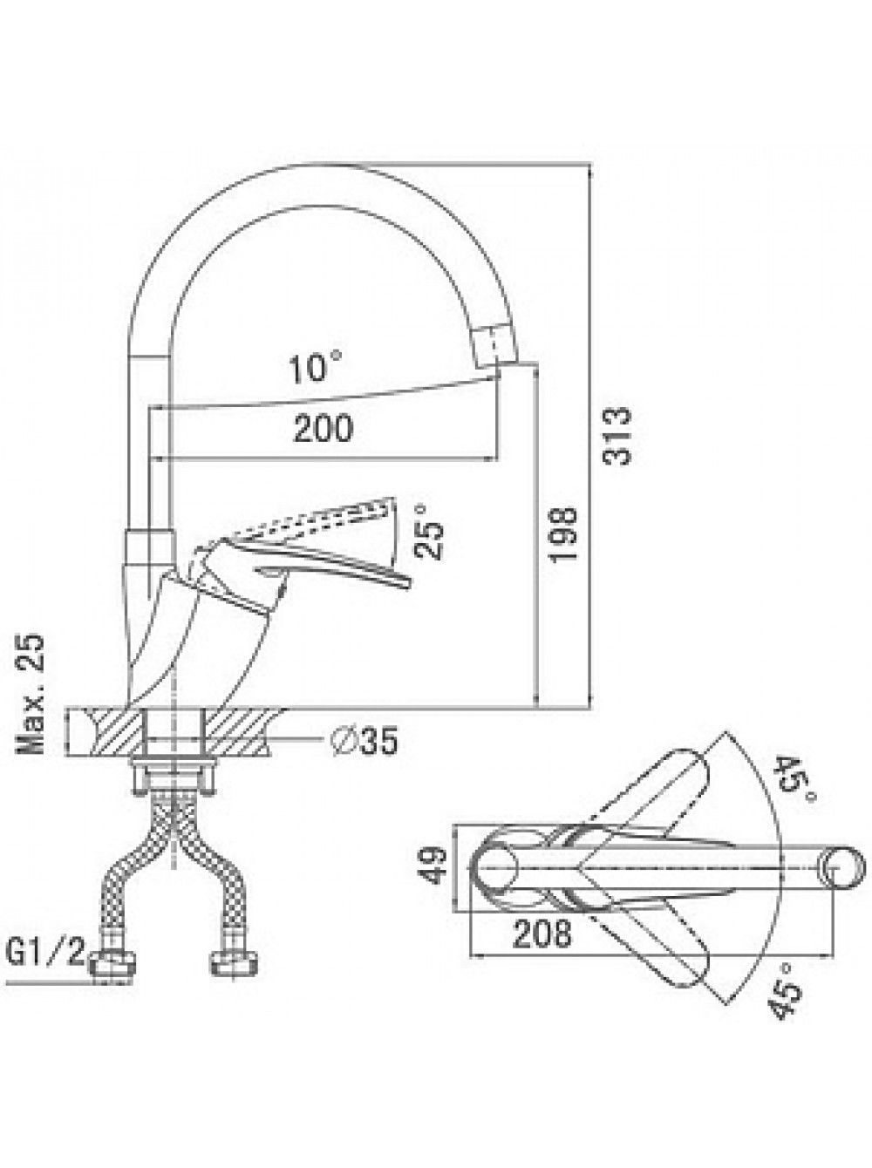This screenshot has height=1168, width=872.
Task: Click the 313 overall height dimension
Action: tap(618, 437)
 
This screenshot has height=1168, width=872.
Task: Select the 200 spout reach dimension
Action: tap(324, 429)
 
